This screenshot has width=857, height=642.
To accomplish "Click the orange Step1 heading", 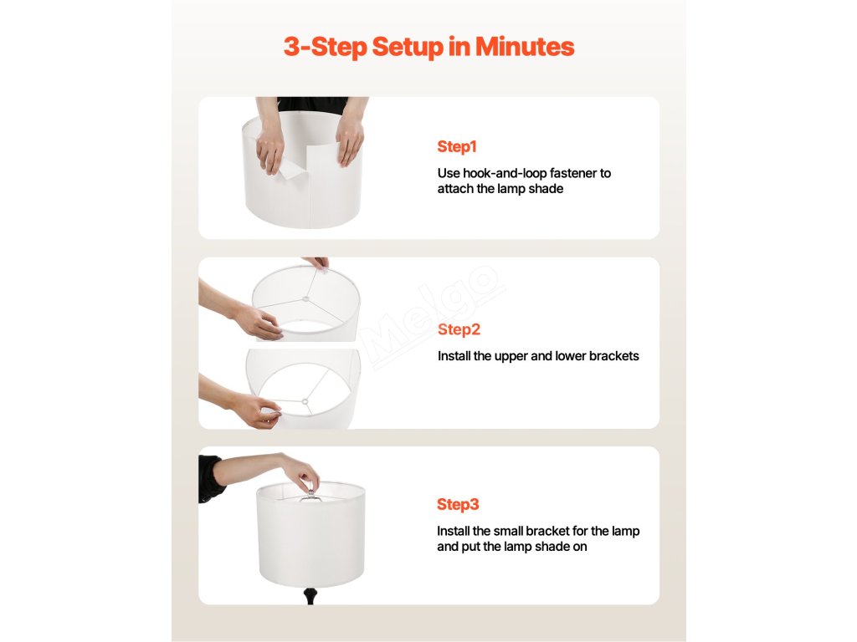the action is pos(457,147).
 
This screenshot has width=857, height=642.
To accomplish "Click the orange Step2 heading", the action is pos(459,329).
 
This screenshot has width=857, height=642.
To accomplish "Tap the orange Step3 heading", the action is pos(458,504).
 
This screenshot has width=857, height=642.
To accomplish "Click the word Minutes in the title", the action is pos(525,47).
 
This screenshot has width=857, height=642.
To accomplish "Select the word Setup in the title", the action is pos(408,48).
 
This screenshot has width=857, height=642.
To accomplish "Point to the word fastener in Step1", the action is pos(572,173).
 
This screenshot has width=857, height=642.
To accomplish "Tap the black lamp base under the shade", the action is pos(310,595).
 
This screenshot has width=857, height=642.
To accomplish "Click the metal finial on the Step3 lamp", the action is pos(311,492).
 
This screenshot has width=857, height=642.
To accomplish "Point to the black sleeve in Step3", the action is pos(212,478).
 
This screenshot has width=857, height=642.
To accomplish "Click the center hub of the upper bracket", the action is pos(306,299).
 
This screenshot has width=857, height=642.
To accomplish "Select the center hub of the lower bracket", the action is pos(305,402).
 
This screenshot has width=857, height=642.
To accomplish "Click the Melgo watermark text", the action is pos(433,317).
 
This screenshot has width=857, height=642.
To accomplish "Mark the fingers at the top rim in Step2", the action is pos(318,262).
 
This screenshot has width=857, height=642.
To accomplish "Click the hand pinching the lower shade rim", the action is pos(256,410).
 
